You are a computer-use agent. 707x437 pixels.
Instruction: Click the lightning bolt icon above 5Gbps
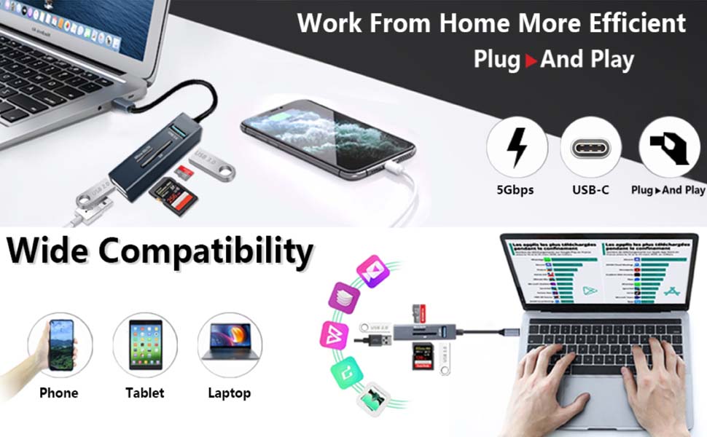[x=517, y=148]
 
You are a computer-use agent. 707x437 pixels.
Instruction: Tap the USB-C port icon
[x=590, y=148]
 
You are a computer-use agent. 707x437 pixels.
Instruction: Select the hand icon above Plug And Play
[x=668, y=148]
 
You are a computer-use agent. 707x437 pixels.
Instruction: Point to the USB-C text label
[x=590, y=190]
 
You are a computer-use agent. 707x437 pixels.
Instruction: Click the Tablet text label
[x=145, y=393]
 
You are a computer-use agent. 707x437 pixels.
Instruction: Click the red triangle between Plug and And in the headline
[x=531, y=60]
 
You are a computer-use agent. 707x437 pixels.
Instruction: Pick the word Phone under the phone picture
[x=59, y=393]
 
